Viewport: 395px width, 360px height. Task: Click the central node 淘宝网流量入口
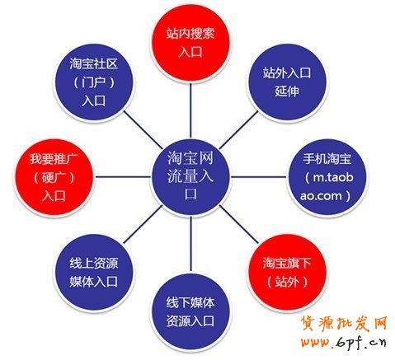click(190, 177)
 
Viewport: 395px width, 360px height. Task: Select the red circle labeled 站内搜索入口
click(190, 43)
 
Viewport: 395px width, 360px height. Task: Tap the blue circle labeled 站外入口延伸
click(287, 82)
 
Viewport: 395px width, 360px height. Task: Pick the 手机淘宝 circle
click(327, 177)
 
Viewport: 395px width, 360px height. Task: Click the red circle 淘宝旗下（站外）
click(287, 273)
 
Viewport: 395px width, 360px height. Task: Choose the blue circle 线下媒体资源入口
click(190, 312)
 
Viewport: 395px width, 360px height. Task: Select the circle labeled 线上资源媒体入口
click(94, 273)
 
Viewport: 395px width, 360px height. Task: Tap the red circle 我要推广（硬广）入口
click(54, 177)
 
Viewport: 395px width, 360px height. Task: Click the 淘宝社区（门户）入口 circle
click(94, 82)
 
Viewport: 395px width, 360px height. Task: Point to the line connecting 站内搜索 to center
click(190, 110)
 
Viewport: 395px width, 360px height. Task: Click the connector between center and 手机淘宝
click(258, 177)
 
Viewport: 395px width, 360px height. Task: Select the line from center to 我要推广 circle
click(122, 177)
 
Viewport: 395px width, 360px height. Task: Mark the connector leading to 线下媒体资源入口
click(190, 245)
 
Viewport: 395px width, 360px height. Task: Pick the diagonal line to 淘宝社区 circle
click(143, 129)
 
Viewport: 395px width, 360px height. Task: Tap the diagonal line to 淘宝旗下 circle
click(238, 225)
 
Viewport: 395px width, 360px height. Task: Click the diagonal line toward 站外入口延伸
click(238, 129)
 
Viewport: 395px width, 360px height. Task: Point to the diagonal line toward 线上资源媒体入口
click(143, 225)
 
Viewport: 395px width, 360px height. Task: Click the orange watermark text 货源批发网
click(344, 325)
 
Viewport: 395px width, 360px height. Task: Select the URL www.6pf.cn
click(344, 342)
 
